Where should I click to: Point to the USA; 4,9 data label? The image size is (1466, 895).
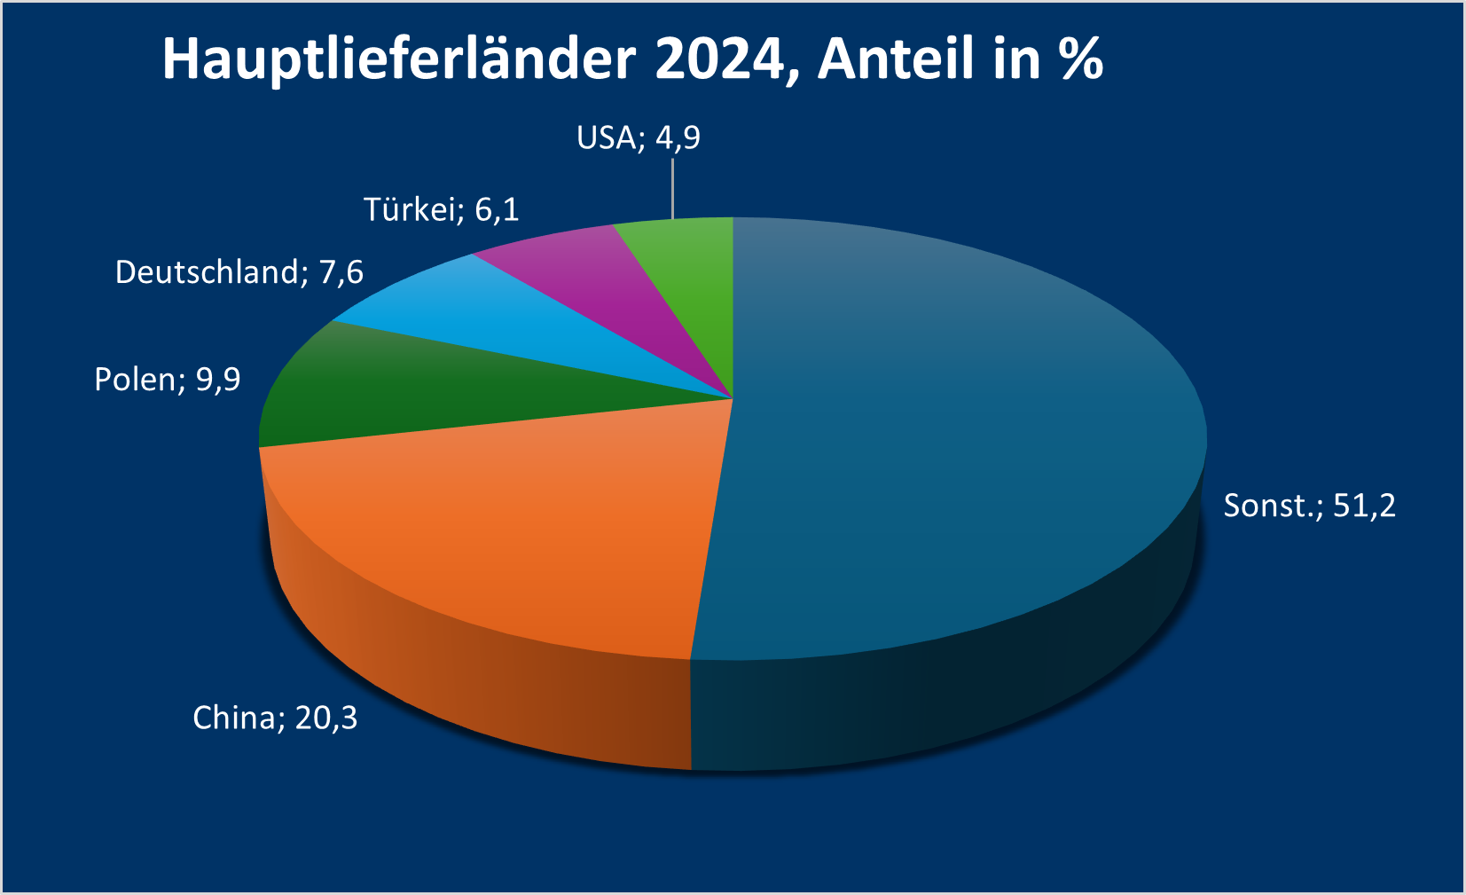click(x=638, y=138)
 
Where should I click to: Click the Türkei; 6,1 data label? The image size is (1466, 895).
click(x=441, y=210)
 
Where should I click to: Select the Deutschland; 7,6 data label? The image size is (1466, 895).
click(x=239, y=272)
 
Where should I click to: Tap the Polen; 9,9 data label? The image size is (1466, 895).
click(x=167, y=380)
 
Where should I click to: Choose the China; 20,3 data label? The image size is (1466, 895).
click(x=275, y=718)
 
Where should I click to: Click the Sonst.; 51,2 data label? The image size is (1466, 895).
click(x=1309, y=506)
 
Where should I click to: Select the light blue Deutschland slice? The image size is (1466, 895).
click(x=497, y=328)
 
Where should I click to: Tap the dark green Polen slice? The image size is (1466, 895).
click(x=399, y=390)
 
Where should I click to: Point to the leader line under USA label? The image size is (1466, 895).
click(x=672, y=188)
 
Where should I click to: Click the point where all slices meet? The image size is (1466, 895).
click(x=733, y=399)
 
